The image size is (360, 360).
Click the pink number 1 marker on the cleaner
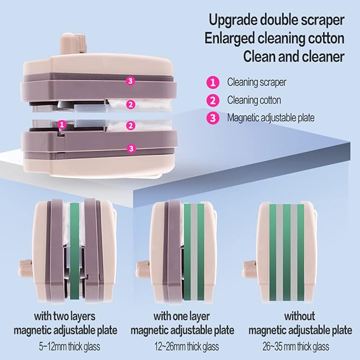62,125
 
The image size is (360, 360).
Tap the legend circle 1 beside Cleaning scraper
213,82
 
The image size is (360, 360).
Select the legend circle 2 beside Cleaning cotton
213,100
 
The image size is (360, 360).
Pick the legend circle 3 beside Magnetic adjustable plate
213,118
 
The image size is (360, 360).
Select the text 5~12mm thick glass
69,347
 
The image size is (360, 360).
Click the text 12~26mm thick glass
187,347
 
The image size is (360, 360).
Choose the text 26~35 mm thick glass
296,347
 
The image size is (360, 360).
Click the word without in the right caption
300,317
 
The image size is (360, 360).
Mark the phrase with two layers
65,317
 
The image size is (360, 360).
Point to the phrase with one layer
181,317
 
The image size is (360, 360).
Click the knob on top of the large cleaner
73,43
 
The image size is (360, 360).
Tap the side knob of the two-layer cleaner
25,269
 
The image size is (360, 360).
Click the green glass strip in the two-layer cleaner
74,251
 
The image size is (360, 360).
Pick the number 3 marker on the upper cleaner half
130,81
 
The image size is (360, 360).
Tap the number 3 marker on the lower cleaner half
131,148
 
